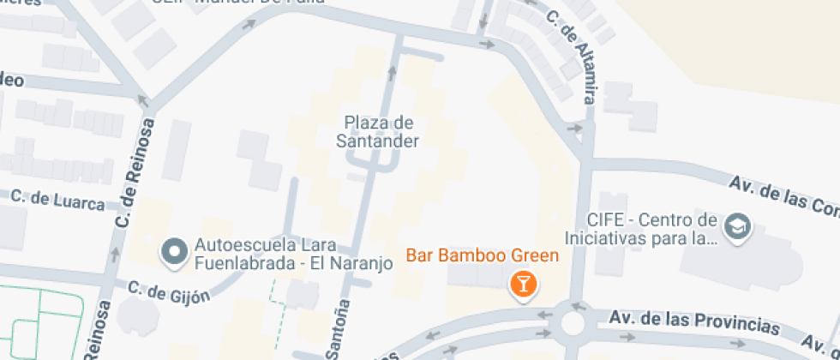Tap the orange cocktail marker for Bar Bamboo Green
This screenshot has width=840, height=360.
click(523, 284)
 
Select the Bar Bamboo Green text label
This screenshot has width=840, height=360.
click(482, 255)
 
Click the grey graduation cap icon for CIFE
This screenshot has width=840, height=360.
click(735, 227)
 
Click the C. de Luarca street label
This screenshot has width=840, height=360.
click(57, 199)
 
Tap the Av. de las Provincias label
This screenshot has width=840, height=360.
click(694, 322)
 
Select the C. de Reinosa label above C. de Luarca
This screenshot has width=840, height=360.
click(136, 174)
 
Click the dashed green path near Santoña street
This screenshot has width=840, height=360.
click(276, 309)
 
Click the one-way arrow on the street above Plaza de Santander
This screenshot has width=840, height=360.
click(393, 69)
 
